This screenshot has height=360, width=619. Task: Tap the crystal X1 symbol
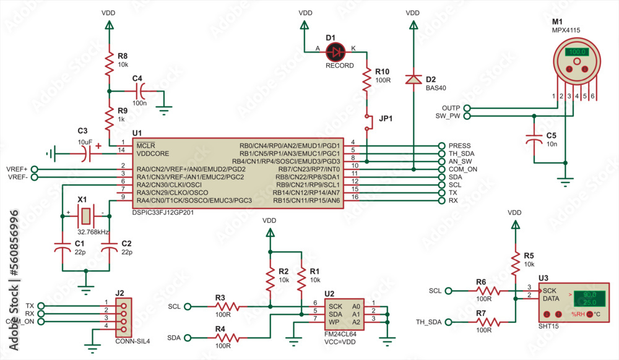85,216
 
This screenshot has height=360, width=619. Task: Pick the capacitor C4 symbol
142,91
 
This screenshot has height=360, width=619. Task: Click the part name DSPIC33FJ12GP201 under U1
164,213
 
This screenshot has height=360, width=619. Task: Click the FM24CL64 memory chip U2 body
344,314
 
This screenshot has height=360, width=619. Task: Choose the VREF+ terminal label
16,169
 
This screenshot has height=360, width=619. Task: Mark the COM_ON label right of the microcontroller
463,169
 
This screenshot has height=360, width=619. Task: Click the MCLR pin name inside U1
147,145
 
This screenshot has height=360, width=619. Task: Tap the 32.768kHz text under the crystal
93,231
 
